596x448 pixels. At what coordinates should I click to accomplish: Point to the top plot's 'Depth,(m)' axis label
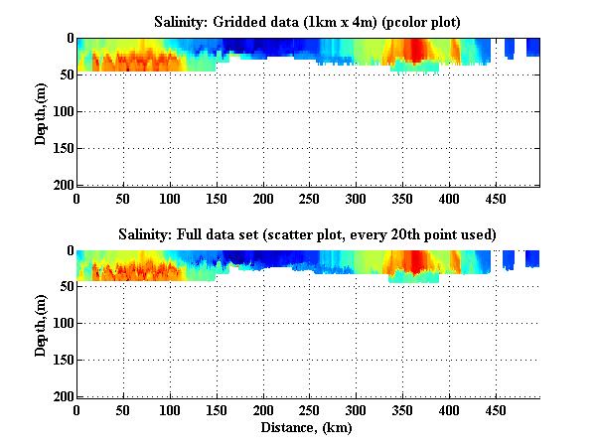pyautogui.click(x=41, y=111)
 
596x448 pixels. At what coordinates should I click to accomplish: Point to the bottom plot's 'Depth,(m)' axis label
pyautogui.click(x=41, y=323)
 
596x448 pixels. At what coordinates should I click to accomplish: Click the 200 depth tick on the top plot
pyautogui.click(x=64, y=186)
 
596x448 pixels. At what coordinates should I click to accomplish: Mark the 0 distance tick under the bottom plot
pyautogui.click(x=77, y=410)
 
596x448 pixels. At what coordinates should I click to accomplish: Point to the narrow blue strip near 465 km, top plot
pyautogui.click(x=509, y=48)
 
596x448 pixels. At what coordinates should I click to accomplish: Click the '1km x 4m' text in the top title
pyautogui.click(x=347, y=21)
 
